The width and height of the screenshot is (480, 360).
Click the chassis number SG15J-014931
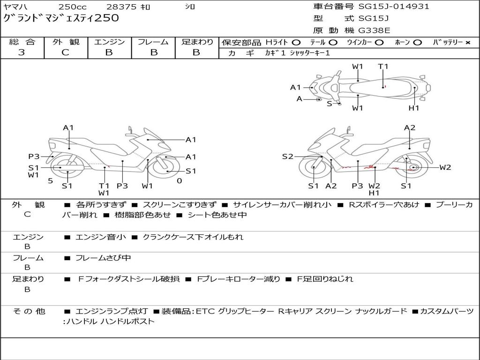[394, 7]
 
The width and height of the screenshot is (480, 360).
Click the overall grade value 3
[22, 52]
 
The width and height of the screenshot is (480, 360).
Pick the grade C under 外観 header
[66, 52]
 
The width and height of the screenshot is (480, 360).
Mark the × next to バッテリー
[467, 42]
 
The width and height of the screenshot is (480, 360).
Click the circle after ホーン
[418, 42]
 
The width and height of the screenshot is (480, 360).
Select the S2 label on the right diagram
[287, 157]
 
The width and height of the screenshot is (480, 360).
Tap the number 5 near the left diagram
[50, 180]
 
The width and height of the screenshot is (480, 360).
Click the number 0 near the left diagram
[179, 180]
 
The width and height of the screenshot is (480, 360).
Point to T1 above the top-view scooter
[383, 67]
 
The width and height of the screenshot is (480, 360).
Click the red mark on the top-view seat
[384, 87]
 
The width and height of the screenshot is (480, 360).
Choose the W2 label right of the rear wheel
[445, 167]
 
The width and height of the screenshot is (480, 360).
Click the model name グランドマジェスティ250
[61, 18]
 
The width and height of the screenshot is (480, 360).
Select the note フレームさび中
[103, 258]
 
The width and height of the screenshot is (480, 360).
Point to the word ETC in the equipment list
[204, 311]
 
